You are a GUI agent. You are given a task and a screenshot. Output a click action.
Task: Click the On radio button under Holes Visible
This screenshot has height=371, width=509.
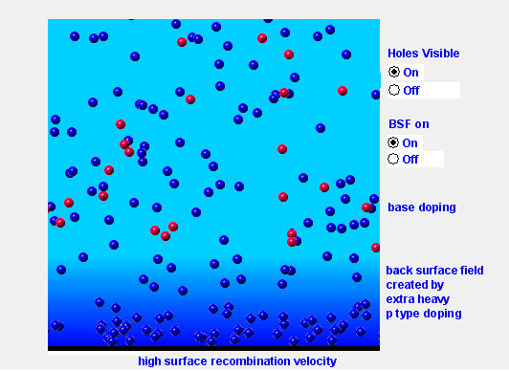coord(394,72)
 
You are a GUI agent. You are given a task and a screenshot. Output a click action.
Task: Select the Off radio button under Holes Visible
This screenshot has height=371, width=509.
coord(394,90)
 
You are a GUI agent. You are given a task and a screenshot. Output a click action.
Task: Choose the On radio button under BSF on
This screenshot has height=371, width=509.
coord(394,142)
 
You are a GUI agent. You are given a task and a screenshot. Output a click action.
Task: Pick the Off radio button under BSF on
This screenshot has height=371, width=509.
coord(394,160)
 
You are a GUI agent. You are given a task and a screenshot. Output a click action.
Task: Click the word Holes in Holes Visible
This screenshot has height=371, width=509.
coord(403,54)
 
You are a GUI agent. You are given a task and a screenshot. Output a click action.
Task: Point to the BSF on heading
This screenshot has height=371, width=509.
coord(409,124)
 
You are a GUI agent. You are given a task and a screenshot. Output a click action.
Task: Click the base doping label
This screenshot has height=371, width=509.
coord(422,207)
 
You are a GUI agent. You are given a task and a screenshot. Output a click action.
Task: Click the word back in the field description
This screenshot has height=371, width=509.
coord(400,271)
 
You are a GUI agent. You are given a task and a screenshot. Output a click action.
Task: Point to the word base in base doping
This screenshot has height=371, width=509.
coord(401,207)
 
